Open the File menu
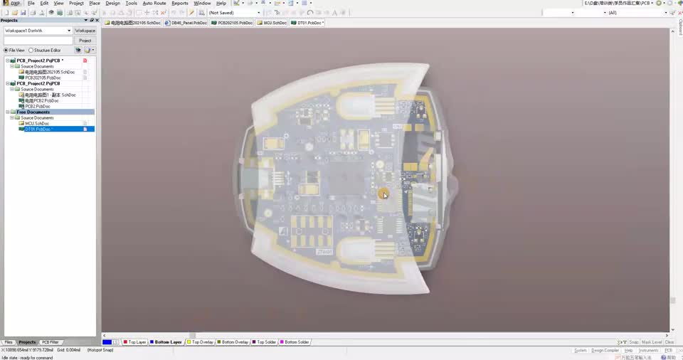pyautogui.click(x=31, y=4)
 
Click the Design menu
pyautogui.click(x=112, y=4)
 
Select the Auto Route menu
pyautogui.click(x=154, y=4)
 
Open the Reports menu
pyautogui.click(x=180, y=4)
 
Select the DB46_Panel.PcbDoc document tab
pyautogui.click(x=187, y=23)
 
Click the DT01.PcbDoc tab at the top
pyautogui.click(x=308, y=23)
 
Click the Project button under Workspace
pyautogui.click(x=85, y=41)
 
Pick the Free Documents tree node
pyautogui.click(x=33, y=112)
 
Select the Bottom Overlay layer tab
pyautogui.click(x=234, y=342)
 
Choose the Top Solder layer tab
pyautogui.click(x=266, y=342)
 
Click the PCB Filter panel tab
pyautogui.click(x=50, y=342)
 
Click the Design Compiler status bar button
pyautogui.click(x=606, y=350)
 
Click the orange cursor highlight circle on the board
pyautogui.click(x=383, y=194)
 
